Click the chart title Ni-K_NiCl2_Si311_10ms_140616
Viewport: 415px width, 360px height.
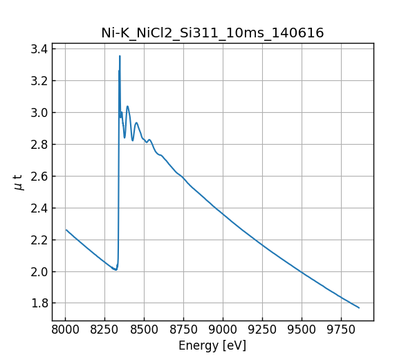[x=212, y=33]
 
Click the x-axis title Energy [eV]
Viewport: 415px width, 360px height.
[x=212, y=345]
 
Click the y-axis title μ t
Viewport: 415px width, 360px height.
[x=18, y=182]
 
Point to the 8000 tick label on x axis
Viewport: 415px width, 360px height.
[x=66, y=329]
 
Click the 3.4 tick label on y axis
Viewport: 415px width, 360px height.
[x=39, y=49]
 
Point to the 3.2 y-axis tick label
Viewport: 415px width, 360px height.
[x=39, y=81]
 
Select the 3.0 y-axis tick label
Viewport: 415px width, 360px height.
[x=39, y=113]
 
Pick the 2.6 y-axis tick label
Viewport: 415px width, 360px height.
[x=39, y=177]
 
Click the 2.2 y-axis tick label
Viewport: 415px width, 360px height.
[x=39, y=240]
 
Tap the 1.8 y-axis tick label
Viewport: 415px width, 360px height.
[x=39, y=303]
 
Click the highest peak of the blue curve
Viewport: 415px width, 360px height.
[x=120, y=56]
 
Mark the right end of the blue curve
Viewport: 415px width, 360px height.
[x=359, y=308]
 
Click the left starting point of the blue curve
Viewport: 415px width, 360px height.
[x=66, y=230]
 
